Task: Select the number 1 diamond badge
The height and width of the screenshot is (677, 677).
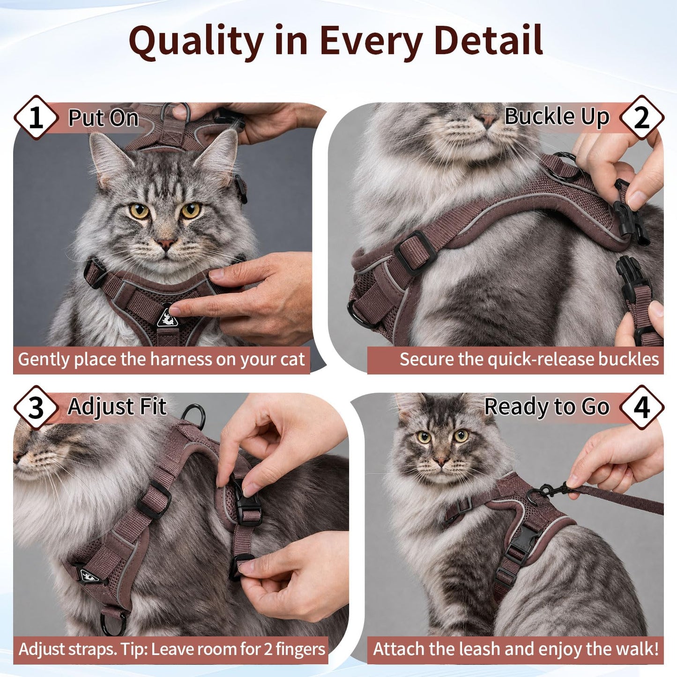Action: tap(36, 118)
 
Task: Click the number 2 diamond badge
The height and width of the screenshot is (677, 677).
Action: tap(641, 118)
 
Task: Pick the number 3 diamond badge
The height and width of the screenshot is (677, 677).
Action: tap(36, 408)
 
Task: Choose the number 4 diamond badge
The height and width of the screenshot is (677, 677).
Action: tap(641, 408)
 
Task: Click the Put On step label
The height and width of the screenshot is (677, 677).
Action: tap(103, 118)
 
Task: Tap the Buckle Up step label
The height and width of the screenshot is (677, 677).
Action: tap(557, 117)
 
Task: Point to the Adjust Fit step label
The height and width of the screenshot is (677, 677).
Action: tap(117, 407)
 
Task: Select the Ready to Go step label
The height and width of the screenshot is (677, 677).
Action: tap(547, 407)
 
